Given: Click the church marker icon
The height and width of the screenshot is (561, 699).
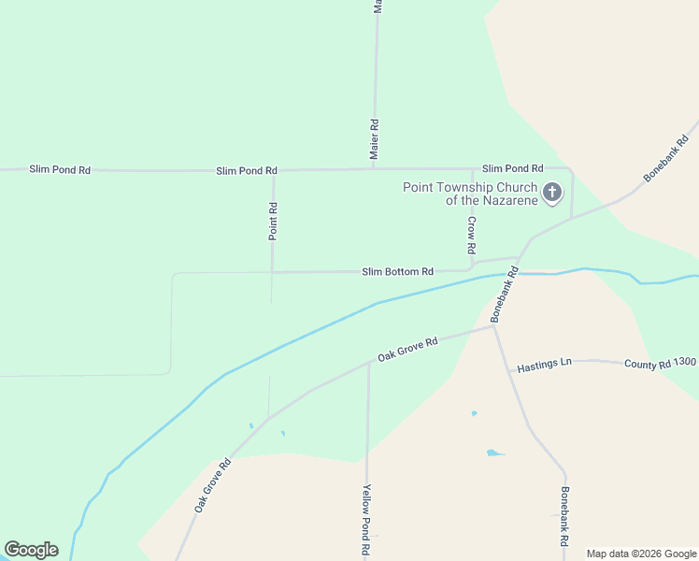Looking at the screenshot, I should pos(552,194).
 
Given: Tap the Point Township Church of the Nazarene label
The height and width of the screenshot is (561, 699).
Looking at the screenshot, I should pos(470,194).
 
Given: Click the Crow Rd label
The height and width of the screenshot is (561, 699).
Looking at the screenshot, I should pos(472,237).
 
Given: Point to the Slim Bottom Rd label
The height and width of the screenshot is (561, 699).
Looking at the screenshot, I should pos(397,271).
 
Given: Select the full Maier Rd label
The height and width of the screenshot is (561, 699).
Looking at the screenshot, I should pos(375,139).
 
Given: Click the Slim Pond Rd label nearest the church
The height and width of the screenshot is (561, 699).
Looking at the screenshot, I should pos(512,168).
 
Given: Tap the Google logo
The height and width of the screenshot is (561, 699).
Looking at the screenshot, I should pos(31,550).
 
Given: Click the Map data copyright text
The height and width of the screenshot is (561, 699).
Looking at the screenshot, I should pos(642,554).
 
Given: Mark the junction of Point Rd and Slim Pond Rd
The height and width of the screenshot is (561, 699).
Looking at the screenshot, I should pos(273,170).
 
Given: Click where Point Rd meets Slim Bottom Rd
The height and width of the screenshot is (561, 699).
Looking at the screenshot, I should pos(273,272).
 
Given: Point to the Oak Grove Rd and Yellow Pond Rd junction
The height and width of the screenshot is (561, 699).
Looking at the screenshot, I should pos(368,364).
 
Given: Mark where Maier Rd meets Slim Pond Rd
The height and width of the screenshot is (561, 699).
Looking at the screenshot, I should pos(376,169).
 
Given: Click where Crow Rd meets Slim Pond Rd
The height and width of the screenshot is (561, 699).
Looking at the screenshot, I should pos(472,169).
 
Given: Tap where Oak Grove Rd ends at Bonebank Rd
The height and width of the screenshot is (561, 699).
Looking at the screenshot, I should pos(493,326).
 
